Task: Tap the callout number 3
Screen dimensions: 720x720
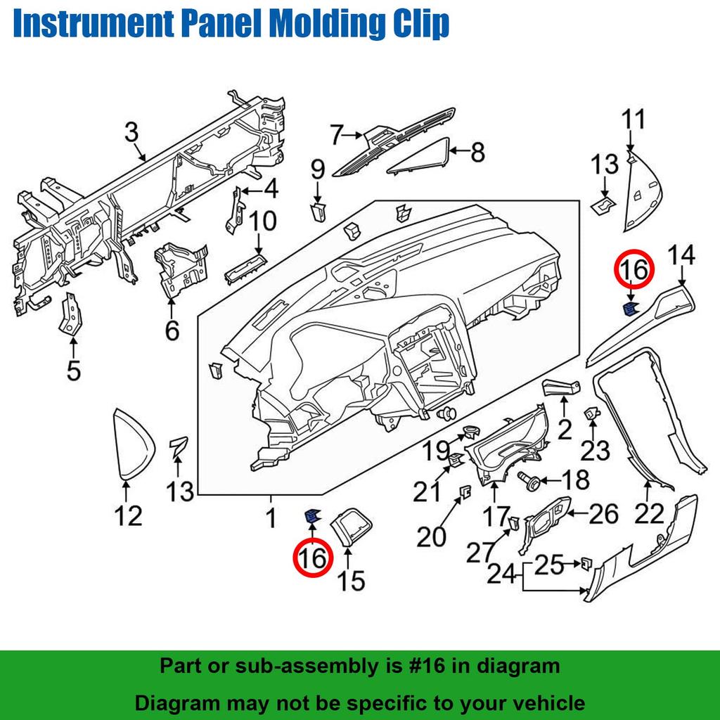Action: pyautogui.click(x=131, y=131)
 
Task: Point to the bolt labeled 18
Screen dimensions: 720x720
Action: pyautogui.click(x=533, y=481)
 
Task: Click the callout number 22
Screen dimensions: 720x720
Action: pyautogui.click(x=648, y=514)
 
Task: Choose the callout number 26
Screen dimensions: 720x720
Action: pyautogui.click(x=603, y=514)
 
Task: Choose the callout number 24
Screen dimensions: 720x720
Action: pyautogui.click(x=501, y=574)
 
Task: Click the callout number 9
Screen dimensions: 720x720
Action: pyautogui.click(x=318, y=169)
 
